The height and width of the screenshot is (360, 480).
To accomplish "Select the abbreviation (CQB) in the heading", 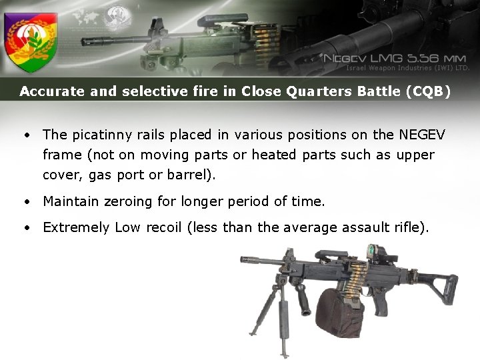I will coord(427,92).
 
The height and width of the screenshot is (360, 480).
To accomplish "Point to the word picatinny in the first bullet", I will coord(103,135).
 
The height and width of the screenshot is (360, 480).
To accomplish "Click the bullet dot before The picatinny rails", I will coord(25,135).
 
